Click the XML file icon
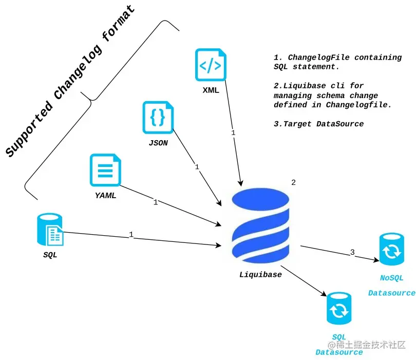[x=210, y=65]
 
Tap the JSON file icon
[x=158, y=118]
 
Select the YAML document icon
[x=106, y=170]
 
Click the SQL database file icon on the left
[x=50, y=230]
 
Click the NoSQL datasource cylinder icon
[x=392, y=251]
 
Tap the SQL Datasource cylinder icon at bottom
[x=339, y=310]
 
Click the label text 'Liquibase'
[x=260, y=274]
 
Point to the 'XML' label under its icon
[x=211, y=90]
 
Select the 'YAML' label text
[x=105, y=195]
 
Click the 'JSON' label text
[x=158, y=143]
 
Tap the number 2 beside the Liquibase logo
[x=293, y=182]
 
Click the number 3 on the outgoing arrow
[x=352, y=252]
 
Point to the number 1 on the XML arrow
[x=233, y=132]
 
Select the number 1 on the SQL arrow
[x=131, y=234]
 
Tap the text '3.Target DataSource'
[x=318, y=124]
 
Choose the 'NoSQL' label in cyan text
[x=391, y=278]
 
